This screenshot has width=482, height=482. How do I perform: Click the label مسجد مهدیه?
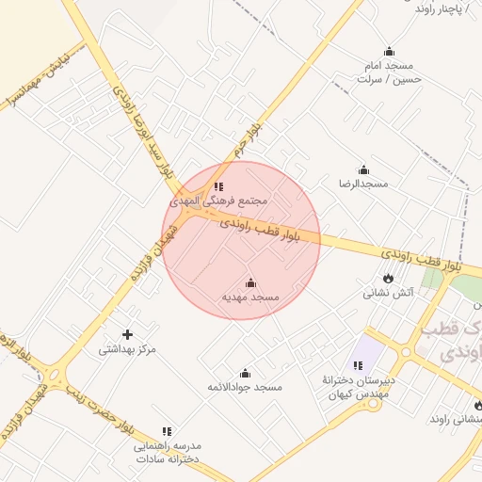pyautogui.click(x=250, y=297)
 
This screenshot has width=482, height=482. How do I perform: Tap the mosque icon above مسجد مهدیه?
pyautogui.click(x=250, y=282)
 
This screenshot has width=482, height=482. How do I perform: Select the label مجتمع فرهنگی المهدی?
pyautogui.click(x=219, y=201)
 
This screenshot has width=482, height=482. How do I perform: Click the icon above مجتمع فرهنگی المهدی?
pyautogui.click(x=219, y=186)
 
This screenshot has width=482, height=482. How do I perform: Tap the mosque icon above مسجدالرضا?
pyautogui.click(x=361, y=169)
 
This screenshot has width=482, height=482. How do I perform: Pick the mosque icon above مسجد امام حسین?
pyautogui.click(x=389, y=52)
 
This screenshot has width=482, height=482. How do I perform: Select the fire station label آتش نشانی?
pyautogui.click(x=389, y=293)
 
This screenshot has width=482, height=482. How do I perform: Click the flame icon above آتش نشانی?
pyautogui.click(x=388, y=278)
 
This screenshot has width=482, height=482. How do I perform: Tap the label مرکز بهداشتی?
pyautogui.click(x=127, y=349)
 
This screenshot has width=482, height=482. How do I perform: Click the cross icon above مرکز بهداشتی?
pyautogui.click(x=128, y=333)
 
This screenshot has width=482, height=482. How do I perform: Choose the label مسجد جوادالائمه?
pyautogui.click(x=245, y=387)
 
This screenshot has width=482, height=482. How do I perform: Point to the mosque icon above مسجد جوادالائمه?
pyautogui.click(x=246, y=373)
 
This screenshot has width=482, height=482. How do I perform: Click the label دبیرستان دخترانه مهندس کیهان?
pyautogui.click(x=355, y=386)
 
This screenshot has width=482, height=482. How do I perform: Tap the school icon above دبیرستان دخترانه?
pyautogui.click(x=358, y=365)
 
